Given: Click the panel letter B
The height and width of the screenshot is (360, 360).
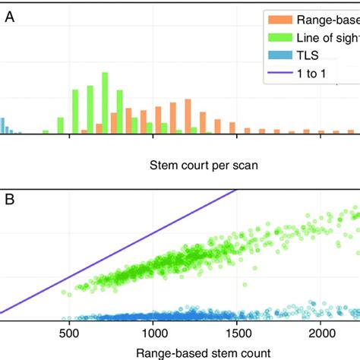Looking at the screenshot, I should click(x=10, y=201).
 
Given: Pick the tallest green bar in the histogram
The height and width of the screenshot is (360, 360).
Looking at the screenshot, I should click(x=106, y=103).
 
